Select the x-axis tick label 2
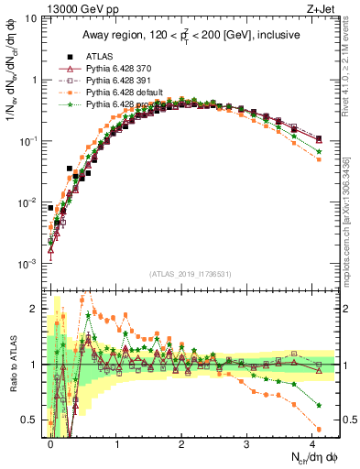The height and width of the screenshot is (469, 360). pos(181,441)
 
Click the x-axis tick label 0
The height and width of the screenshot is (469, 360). pos(50,441)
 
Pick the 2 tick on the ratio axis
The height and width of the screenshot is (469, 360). pos(34,309)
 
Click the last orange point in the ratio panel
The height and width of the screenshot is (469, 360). pos(319,429)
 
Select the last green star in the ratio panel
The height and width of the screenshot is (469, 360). pos(319,405)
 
